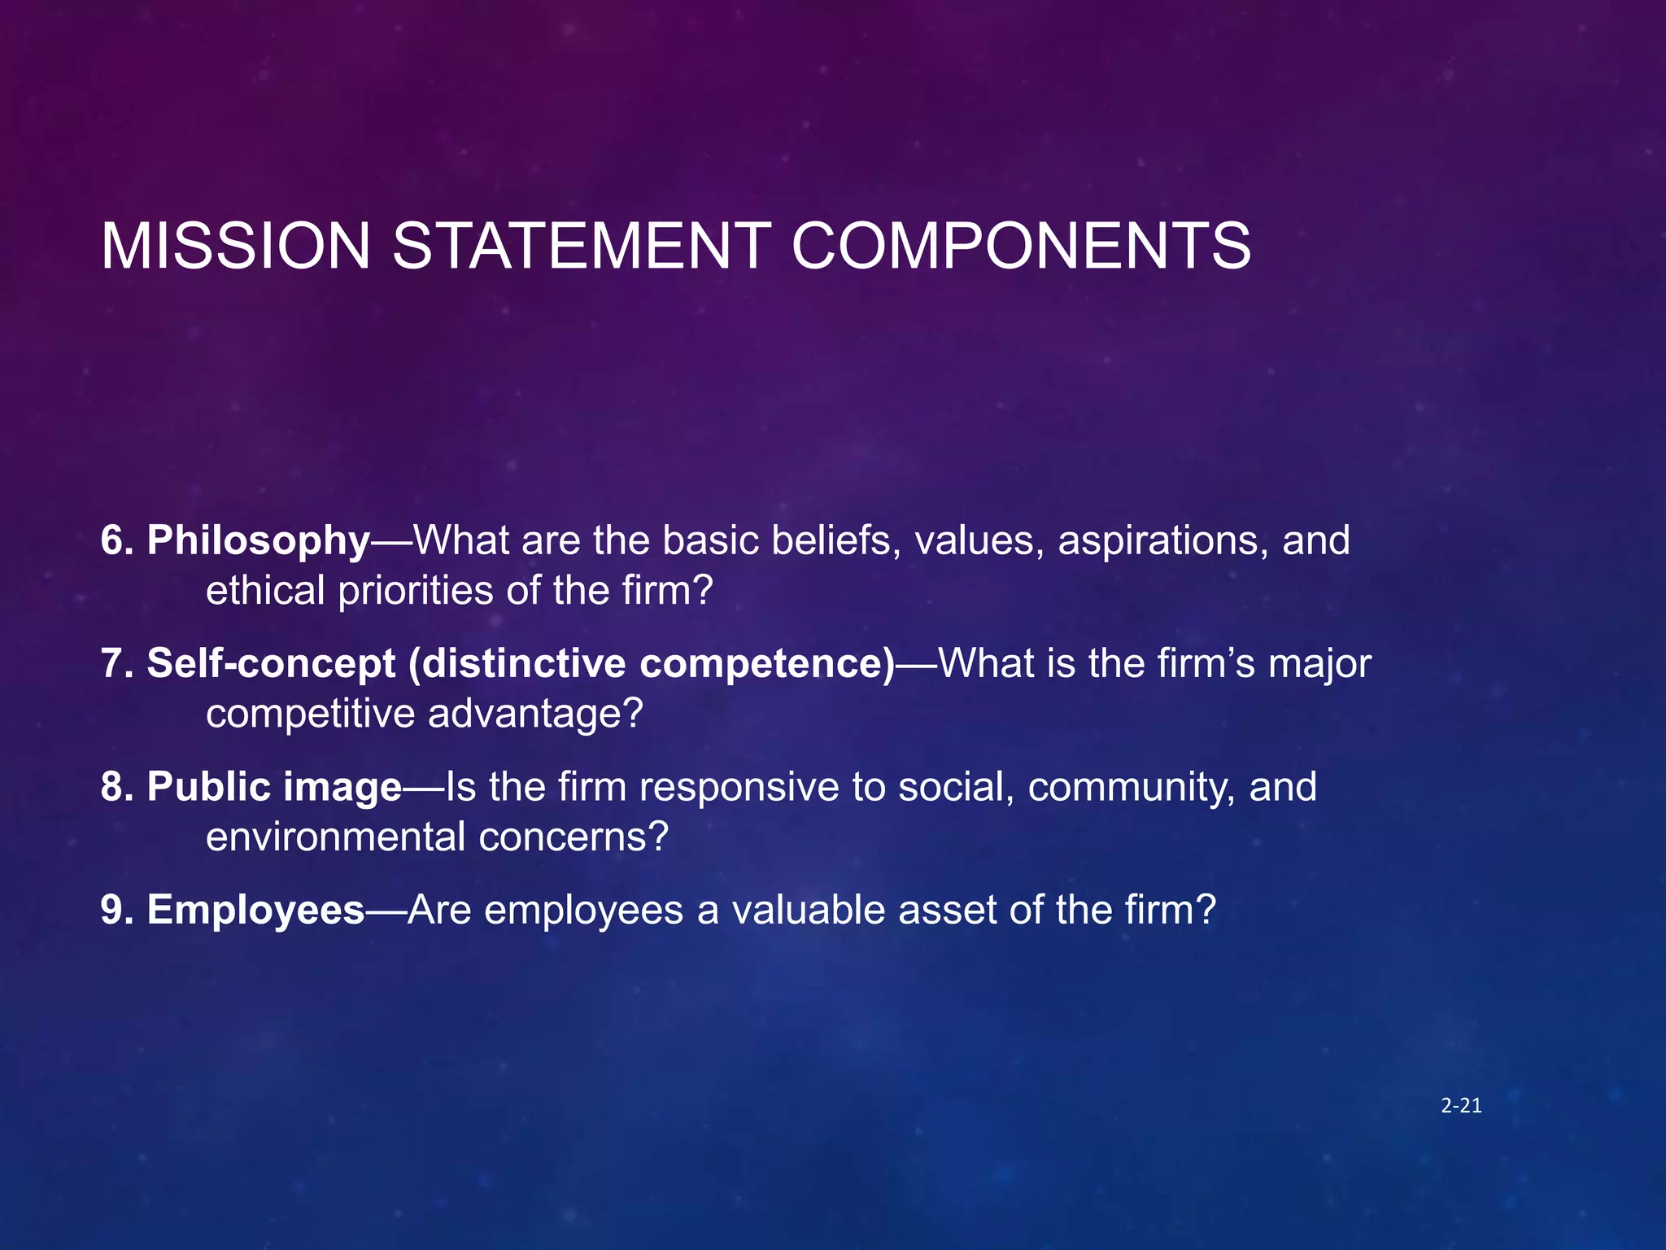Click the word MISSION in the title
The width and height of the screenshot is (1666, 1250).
click(x=236, y=246)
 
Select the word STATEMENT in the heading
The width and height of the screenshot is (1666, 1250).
click(x=582, y=246)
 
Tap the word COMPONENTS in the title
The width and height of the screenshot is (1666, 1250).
click(x=1021, y=246)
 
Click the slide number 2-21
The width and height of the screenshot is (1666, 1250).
click(x=1461, y=1105)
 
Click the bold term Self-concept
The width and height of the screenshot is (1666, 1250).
click(x=271, y=664)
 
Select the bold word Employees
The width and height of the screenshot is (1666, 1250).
click(x=255, y=910)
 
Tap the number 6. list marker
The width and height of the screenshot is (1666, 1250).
click(x=117, y=541)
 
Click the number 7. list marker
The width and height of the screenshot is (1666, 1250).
click(x=117, y=664)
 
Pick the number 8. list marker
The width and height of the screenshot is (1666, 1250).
click(x=117, y=787)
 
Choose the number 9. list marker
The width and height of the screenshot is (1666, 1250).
click(x=117, y=910)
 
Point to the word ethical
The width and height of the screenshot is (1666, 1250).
click(x=265, y=590)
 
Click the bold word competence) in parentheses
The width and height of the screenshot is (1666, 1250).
click(x=767, y=664)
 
